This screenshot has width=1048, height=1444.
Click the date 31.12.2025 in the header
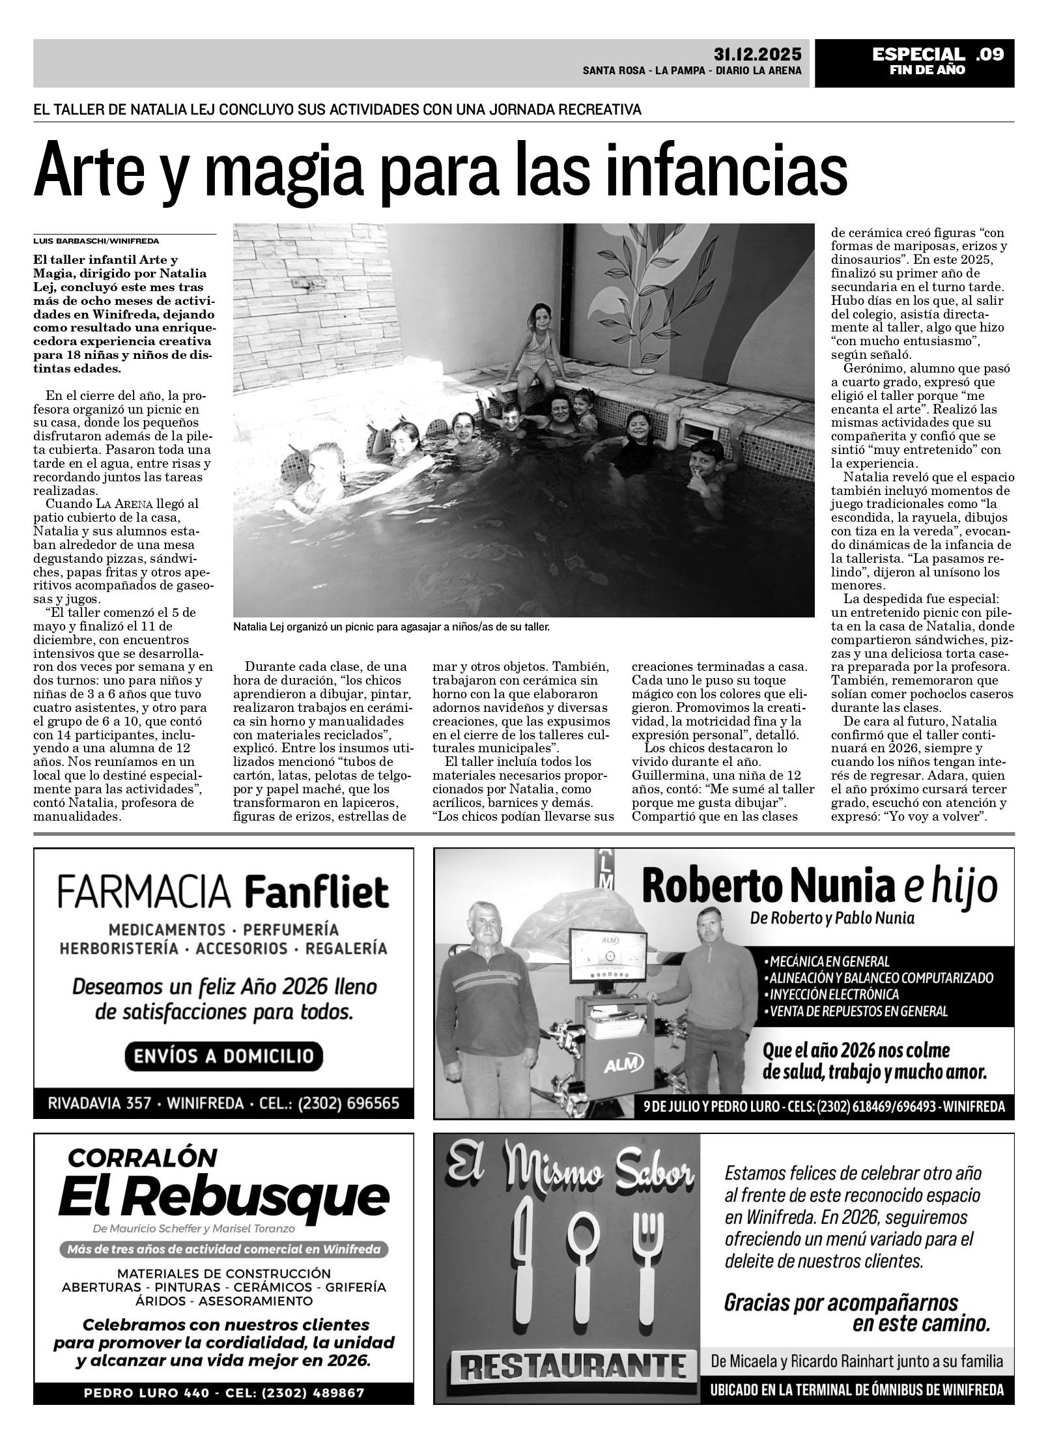click(757, 54)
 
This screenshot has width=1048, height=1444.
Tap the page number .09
click(990, 54)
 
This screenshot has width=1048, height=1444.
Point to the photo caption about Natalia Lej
click(391, 627)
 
